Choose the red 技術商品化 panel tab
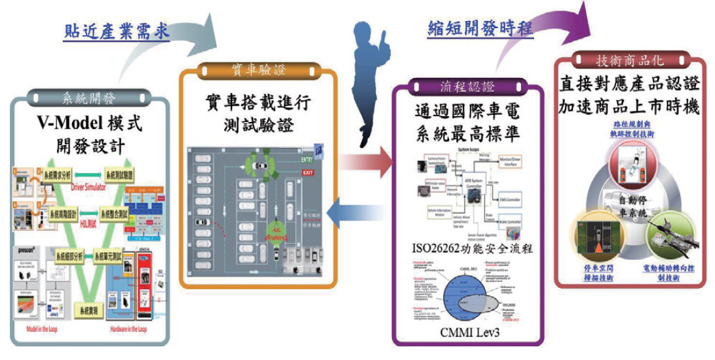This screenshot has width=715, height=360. pyautogui.click(x=629, y=60)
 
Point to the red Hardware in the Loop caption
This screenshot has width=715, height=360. pyautogui.click(x=133, y=330)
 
